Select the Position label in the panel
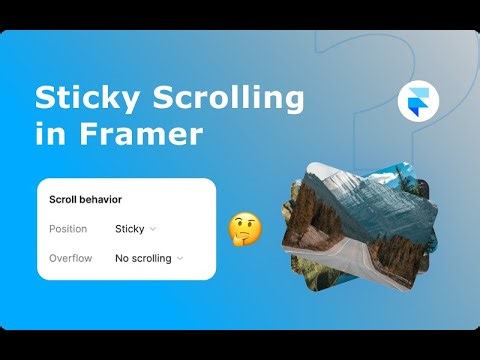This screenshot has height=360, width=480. (x=68, y=229)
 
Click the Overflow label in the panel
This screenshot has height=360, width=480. (x=70, y=258)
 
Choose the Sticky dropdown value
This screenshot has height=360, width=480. (x=130, y=229)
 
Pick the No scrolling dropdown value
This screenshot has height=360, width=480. (x=143, y=258)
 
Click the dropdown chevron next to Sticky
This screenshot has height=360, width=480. (x=153, y=229)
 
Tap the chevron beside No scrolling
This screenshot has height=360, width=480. (x=180, y=258)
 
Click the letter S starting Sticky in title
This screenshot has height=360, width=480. (x=46, y=98)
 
